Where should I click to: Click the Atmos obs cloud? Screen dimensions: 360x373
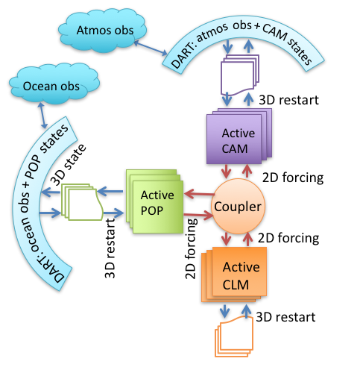click(102, 30)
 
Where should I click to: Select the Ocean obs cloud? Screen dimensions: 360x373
click(54, 84)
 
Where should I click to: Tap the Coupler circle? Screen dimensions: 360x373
click(238, 206)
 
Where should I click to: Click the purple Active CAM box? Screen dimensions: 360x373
click(239, 136)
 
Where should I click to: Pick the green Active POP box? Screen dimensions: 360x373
click(154, 201)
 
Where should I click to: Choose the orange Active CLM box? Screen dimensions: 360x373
click(234, 275)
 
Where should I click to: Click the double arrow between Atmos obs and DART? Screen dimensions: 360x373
click(151, 48)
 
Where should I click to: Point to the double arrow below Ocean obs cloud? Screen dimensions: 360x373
click(42, 116)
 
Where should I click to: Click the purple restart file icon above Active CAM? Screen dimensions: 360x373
click(240, 75)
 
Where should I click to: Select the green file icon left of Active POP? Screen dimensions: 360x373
click(82, 202)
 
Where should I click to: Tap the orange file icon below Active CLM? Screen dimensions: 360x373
click(234, 336)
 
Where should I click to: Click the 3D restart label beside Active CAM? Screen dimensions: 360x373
click(288, 100)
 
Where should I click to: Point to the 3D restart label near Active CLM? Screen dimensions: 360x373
click(285, 317)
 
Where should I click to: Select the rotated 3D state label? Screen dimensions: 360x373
click(68, 165)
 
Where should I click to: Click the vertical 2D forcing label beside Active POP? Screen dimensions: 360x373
click(191, 248)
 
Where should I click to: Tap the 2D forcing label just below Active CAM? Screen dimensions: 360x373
click(293, 178)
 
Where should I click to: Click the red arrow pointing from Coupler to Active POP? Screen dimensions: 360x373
click(200, 194)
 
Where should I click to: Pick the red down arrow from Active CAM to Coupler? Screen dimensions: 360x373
click(226, 171)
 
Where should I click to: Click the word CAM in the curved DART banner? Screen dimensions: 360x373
click(275, 33)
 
